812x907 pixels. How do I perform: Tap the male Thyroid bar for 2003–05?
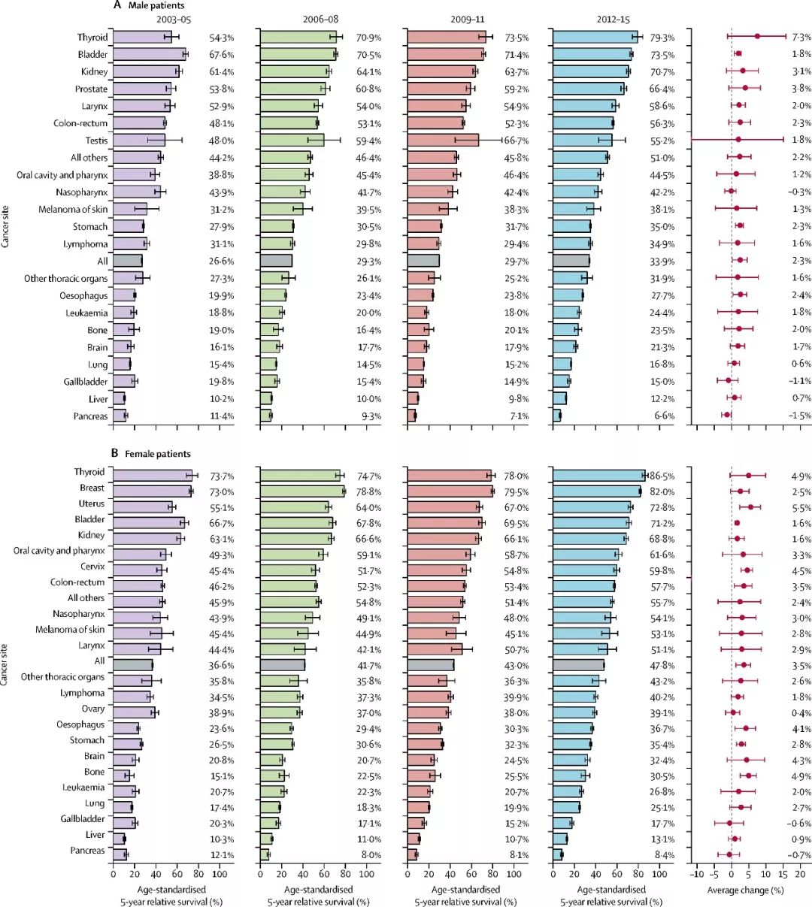pos(142,37)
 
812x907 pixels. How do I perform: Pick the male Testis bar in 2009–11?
pos(443,141)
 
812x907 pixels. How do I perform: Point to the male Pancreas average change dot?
pos(726,415)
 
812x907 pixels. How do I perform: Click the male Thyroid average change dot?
pos(757,36)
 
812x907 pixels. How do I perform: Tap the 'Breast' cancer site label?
pos(92,488)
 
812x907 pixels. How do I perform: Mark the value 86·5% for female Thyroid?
pos(662,476)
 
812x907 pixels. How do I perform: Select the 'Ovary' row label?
pos(93,709)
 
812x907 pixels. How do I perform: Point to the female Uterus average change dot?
pos(750,507)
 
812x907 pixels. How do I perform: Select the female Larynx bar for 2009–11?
pos(435,649)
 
